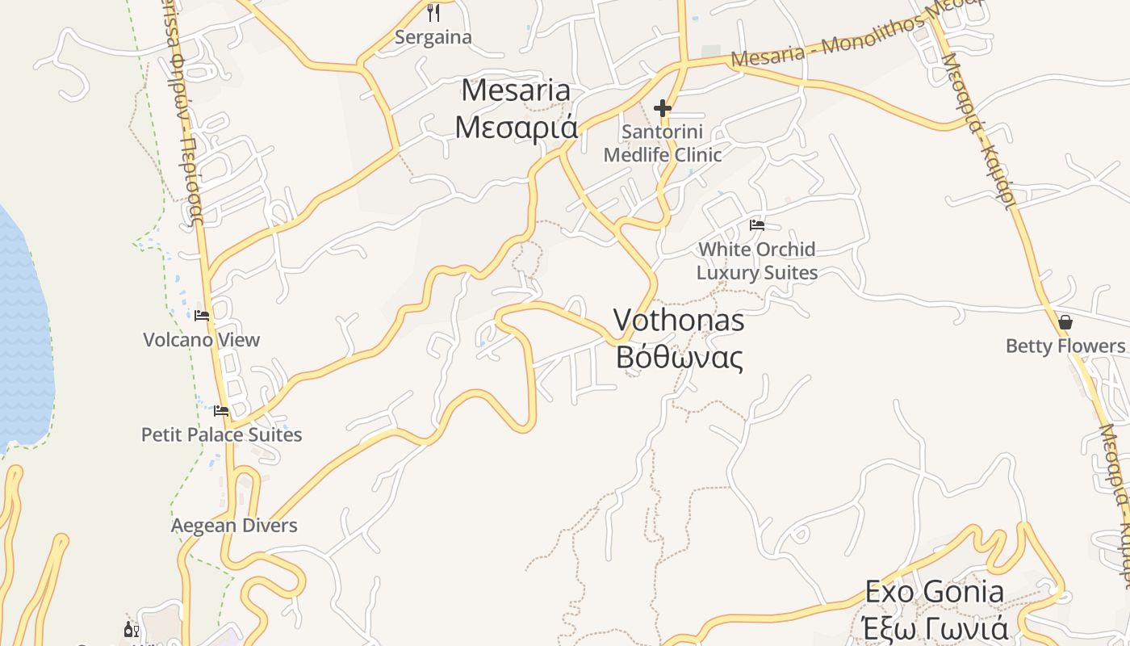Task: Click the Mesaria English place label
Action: (x=515, y=90)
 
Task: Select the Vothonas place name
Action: (x=679, y=321)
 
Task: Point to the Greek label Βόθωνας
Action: (x=679, y=356)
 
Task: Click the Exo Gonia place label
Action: (x=935, y=592)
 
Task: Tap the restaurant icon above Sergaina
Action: (x=433, y=12)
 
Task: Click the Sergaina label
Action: (x=433, y=37)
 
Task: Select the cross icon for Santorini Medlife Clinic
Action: (x=663, y=108)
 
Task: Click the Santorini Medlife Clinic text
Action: (x=663, y=143)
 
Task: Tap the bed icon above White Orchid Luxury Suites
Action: (x=757, y=225)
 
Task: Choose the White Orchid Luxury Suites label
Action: (x=757, y=261)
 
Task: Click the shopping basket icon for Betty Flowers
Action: (x=1065, y=322)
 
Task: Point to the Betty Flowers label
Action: (x=1065, y=346)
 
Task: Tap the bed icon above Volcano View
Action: (x=202, y=315)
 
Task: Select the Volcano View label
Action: (x=202, y=340)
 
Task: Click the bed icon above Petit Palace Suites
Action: (x=221, y=410)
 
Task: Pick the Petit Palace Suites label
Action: (x=222, y=434)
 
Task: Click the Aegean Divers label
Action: (x=234, y=526)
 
